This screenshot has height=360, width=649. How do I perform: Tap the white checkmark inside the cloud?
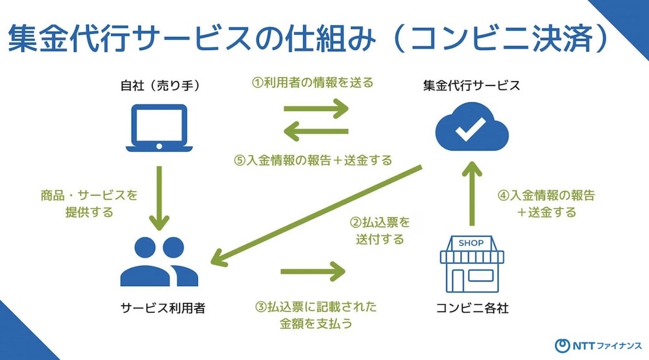point(471,128)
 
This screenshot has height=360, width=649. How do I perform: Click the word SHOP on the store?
point(471,243)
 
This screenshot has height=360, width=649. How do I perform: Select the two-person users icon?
point(159,261)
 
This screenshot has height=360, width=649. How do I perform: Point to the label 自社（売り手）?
point(160,86)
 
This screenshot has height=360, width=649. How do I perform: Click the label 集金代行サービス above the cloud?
point(471,85)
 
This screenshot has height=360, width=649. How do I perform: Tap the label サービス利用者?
point(163,308)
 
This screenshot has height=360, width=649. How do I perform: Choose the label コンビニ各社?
point(472,308)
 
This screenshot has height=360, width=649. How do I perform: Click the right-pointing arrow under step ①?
point(316,109)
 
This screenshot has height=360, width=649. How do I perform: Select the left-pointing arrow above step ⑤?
point(316,132)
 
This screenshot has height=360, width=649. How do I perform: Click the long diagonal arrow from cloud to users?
point(316,215)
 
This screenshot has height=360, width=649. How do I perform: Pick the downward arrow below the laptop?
point(160,198)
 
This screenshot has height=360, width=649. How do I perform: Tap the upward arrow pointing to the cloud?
point(472,193)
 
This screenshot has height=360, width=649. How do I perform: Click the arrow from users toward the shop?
point(313,271)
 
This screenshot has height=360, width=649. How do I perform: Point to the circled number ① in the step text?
point(258,83)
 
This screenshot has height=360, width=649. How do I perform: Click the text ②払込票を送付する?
point(380,231)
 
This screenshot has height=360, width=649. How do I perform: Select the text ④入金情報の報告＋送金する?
point(546,204)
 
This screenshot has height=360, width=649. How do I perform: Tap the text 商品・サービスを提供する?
point(89,204)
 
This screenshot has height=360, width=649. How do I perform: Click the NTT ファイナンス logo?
point(598,346)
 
